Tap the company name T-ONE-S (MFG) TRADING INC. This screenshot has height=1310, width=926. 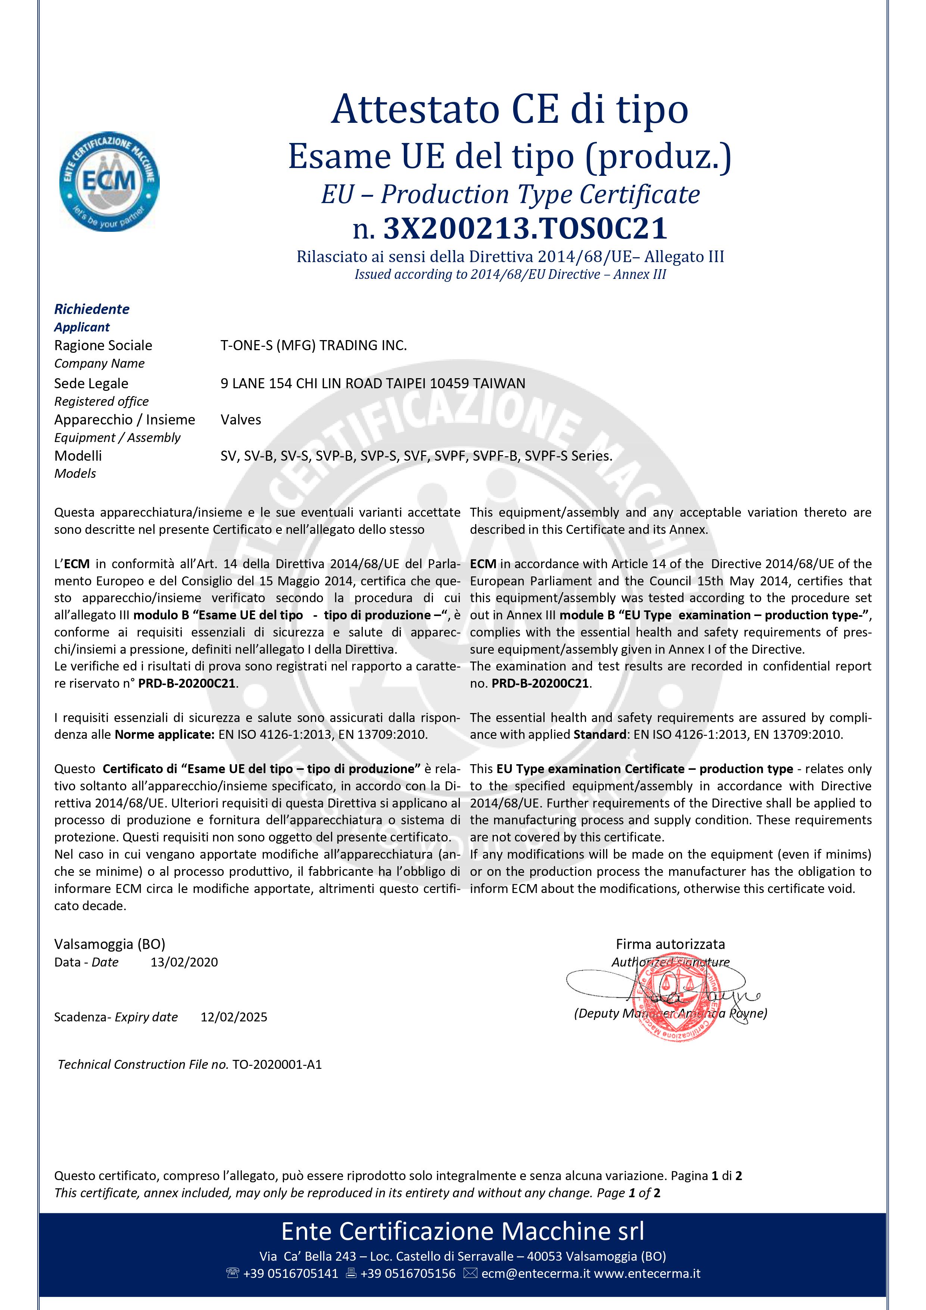click(313, 345)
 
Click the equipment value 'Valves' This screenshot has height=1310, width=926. click(241, 420)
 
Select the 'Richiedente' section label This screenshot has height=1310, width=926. click(92, 309)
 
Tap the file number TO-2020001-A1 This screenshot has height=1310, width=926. click(277, 1064)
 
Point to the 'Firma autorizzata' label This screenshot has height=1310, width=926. click(670, 944)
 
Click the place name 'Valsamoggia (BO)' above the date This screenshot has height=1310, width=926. click(110, 944)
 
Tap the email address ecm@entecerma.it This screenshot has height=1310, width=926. click(536, 1273)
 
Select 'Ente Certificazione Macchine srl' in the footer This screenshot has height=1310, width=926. click(463, 1231)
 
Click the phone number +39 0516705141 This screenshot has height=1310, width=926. click(290, 1273)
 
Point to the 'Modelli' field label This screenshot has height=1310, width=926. click(78, 456)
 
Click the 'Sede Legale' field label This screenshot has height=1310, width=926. click(91, 383)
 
